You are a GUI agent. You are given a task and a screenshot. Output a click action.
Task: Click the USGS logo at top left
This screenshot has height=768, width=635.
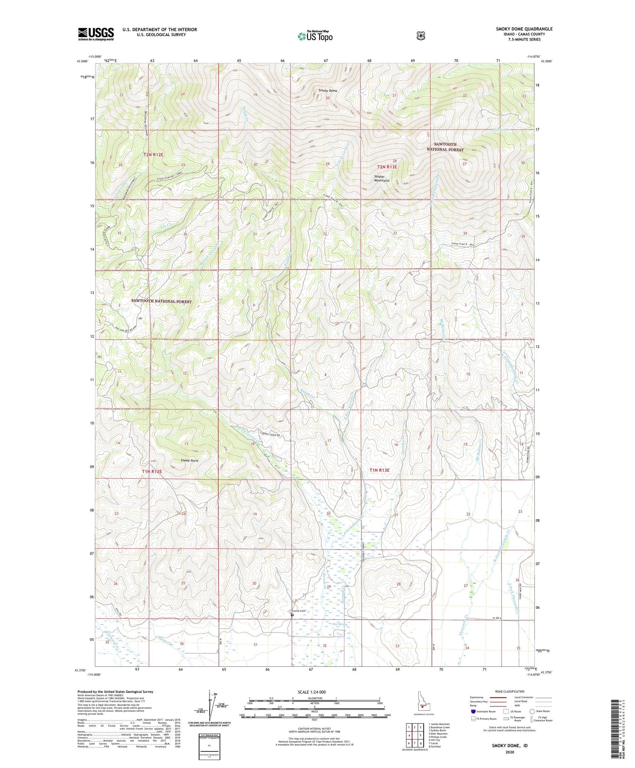(x=96, y=34)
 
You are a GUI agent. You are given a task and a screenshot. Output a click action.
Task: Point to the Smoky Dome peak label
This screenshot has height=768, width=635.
(x=328, y=91)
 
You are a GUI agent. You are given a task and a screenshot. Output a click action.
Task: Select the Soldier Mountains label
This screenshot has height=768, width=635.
(x=381, y=178)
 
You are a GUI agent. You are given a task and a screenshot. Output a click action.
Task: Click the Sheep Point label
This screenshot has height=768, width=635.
(x=189, y=461)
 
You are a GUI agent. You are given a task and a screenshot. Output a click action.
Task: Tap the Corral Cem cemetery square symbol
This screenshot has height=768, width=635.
(x=292, y=615)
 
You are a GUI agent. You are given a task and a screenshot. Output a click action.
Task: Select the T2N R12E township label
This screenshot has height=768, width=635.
(x=153, y=154)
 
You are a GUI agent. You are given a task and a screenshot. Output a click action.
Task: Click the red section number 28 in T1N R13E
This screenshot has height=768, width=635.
(x=399, y=584)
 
